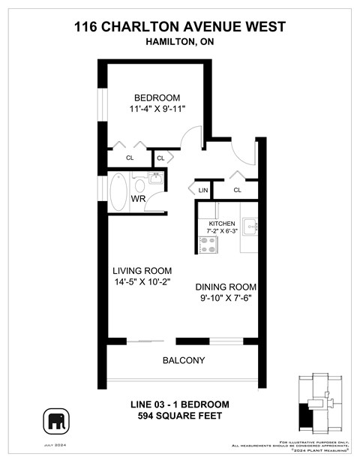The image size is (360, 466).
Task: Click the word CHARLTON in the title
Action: click(148, 27)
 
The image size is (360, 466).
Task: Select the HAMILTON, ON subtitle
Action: click(179, 42)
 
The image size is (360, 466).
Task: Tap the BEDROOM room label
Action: click(157, 98)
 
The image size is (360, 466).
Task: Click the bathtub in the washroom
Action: click(118, 191)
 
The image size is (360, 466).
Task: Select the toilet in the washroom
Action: click(139, 185)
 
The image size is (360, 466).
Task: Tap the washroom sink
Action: click(156, 179)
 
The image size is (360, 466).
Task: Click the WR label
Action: click(139, 199)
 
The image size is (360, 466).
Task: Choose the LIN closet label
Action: click(203, 191)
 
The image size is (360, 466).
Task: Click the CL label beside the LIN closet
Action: click(237, 191)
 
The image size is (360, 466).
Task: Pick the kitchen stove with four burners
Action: click(208, 245)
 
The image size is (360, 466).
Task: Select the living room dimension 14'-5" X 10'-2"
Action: click(142, 283)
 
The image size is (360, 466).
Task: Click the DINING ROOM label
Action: click(226, 287)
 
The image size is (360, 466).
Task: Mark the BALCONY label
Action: click(184, 360)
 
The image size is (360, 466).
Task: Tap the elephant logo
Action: click(57, 422)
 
